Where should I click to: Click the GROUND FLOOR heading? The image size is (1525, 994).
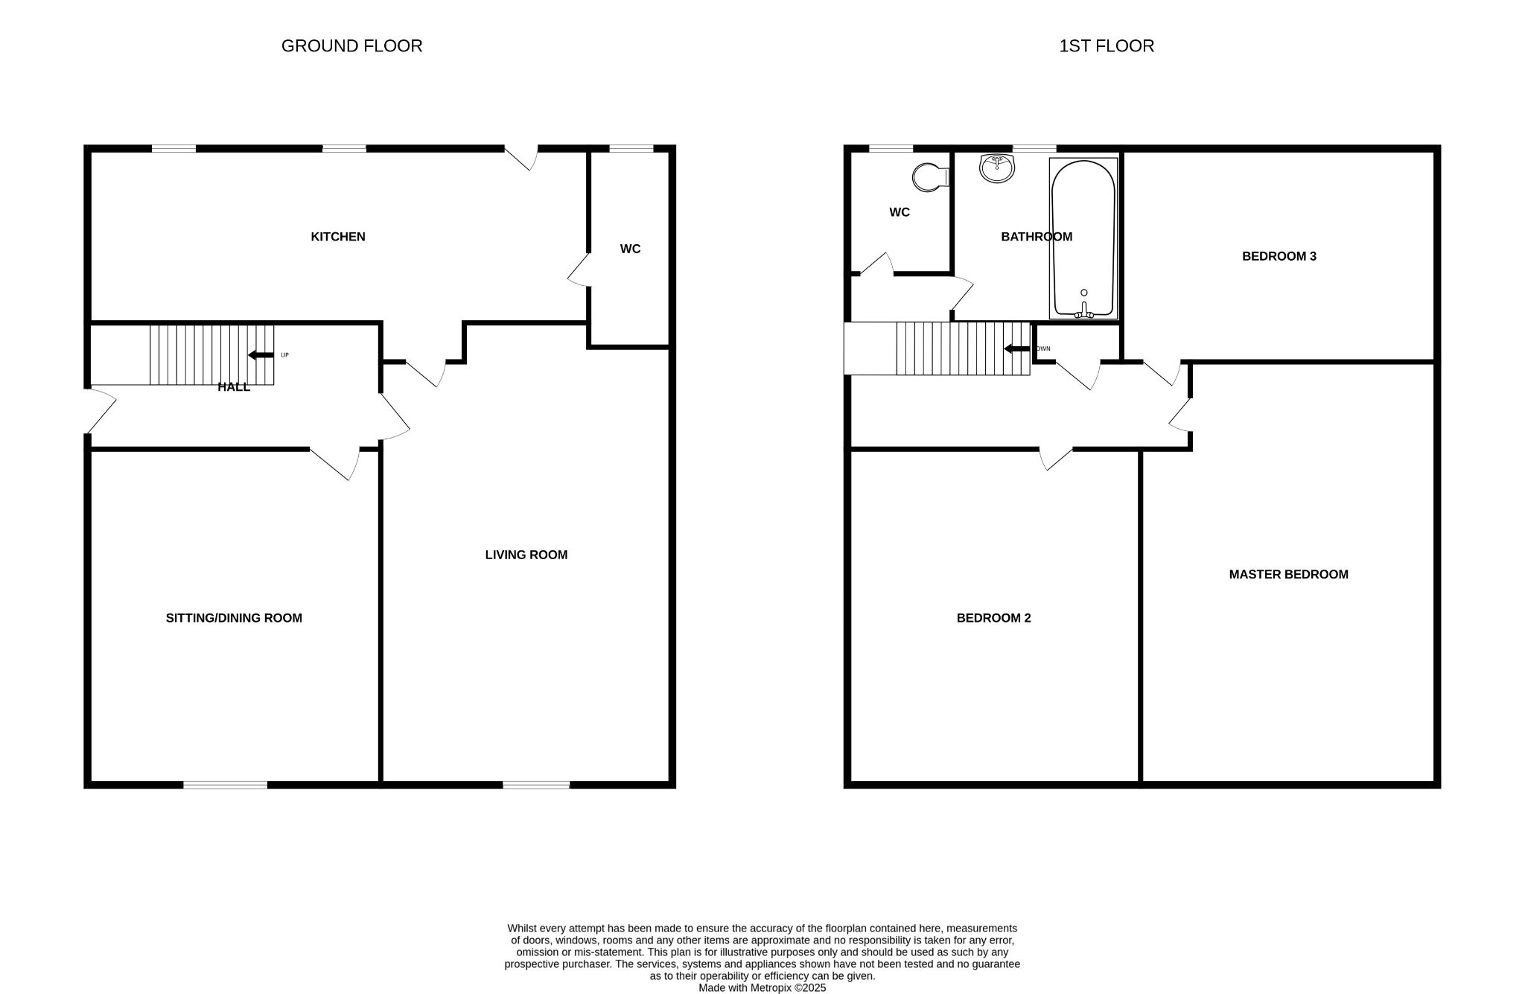tap(351, 46)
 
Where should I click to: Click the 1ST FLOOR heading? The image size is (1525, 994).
tap(1107, 46)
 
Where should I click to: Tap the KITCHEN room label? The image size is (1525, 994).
tap(338, 237)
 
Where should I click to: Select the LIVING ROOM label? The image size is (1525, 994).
tap(526, 555)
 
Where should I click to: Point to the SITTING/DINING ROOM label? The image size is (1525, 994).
tap(234, 618)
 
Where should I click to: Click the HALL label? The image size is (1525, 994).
tap(234, 387)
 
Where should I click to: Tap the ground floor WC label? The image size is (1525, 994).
tap(630, 249)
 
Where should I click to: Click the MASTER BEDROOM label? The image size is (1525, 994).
tap(1288, 574)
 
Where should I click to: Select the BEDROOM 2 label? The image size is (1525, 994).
tap(993, 618)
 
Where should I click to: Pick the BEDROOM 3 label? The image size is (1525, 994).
tap(1279, 256)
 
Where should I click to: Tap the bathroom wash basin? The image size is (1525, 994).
tap(997, 168)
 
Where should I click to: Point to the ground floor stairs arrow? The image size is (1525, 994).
tap(261, 355)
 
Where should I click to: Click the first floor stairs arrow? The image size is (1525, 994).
tap(1016, 348)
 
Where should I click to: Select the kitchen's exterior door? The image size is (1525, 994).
tap(522, 157)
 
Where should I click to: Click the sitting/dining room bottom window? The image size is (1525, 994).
tap(226, 784)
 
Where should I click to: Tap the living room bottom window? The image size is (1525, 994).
tap(536, 784)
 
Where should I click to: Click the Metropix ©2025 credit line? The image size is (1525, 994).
tap(762, 988)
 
